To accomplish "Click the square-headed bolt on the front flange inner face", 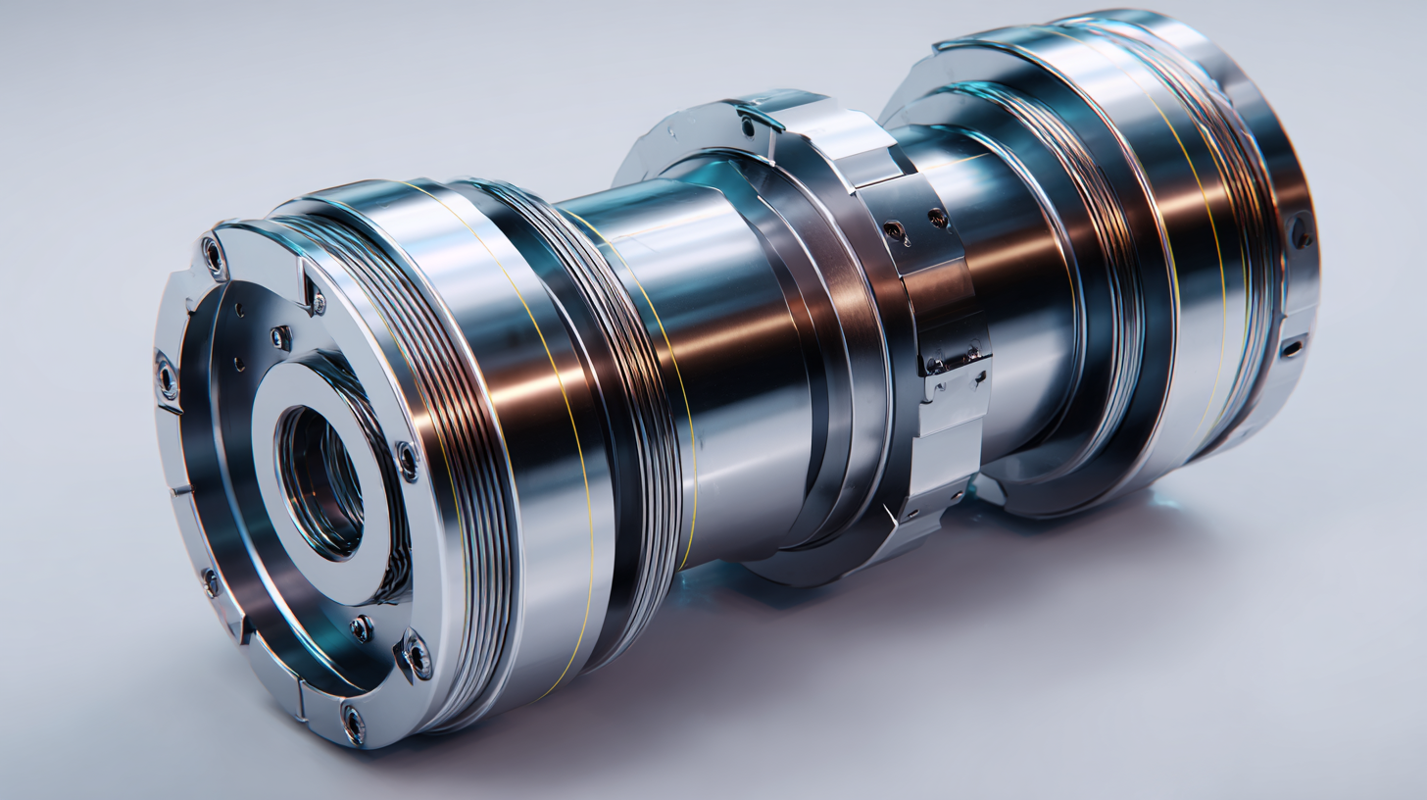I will [x=280, y=337].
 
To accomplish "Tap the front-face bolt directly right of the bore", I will [x=406, y=459].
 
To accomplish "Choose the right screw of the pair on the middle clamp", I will [x=938, y=218].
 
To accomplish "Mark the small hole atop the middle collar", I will [x=748, y=125].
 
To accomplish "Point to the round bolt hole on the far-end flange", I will [x=1301, y=233].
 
